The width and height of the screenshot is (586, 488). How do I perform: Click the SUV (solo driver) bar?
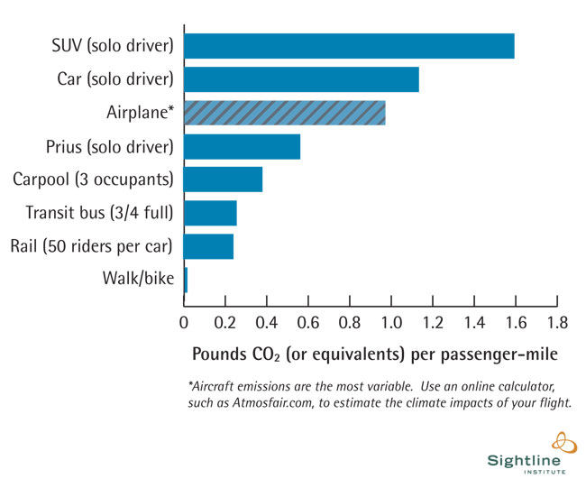point(349,46)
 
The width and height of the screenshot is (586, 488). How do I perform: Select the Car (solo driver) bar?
point(301,79)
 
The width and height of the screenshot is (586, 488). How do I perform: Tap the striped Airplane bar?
point(284,113)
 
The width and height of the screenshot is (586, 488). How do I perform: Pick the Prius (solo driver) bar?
point(242,146)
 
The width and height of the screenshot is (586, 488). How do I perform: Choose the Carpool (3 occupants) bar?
point(223,180)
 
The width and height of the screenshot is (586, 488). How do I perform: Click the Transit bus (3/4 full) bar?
point(210,213)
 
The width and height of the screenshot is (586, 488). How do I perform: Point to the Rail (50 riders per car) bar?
point(208,246)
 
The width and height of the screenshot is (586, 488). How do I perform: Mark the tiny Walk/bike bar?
point(186,280)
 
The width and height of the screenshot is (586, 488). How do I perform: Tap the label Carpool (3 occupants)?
point(93,180)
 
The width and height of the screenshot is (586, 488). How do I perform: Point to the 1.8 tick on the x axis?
point(557,320)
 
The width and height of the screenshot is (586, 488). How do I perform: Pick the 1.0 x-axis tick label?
point(391,320)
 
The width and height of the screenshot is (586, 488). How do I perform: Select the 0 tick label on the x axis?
point(184,320)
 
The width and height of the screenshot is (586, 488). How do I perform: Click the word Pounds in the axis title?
point(221,351)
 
